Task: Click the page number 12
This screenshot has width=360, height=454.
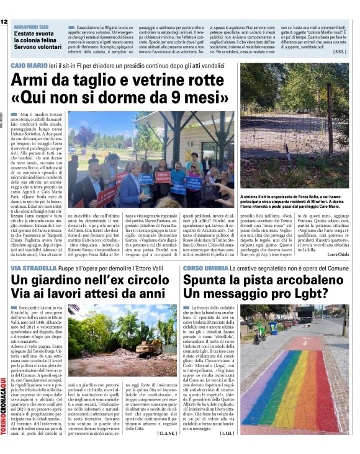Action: pyautogui.click(x=4, y=22)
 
